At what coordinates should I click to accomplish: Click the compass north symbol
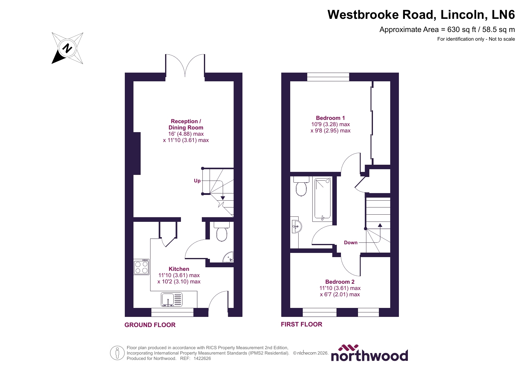point(67,48)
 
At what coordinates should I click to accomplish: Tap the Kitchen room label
point(179,269)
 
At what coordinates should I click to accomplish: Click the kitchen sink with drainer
point(172,299)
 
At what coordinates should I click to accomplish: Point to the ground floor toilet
point(222,232)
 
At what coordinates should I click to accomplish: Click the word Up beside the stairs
point(197,181)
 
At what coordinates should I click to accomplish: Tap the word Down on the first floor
point(351,242)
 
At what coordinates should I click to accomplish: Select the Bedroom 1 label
point(330,118)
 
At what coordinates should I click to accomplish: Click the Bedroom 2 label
point(340,282)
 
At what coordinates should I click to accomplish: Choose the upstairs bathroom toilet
point(301,187)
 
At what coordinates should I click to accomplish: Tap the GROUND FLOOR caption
point(150,325)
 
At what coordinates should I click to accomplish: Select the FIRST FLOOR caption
point(302,324)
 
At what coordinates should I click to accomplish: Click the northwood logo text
point(369,355)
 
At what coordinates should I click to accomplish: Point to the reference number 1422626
point(202,358)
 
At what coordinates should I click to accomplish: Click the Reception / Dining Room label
point(186,124)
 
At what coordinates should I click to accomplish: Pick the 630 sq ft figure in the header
point(461,30)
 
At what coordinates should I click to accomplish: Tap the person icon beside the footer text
point(117,353)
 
